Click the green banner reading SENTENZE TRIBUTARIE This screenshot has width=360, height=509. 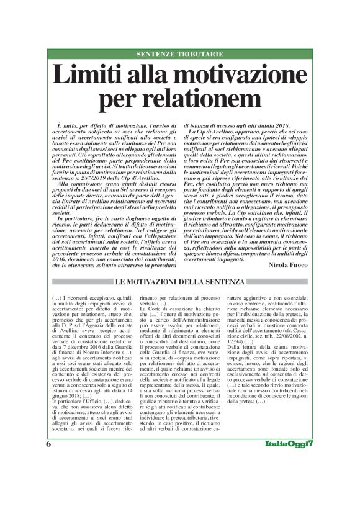pos(180,55)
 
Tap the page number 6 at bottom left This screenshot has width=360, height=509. pos(48,480)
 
